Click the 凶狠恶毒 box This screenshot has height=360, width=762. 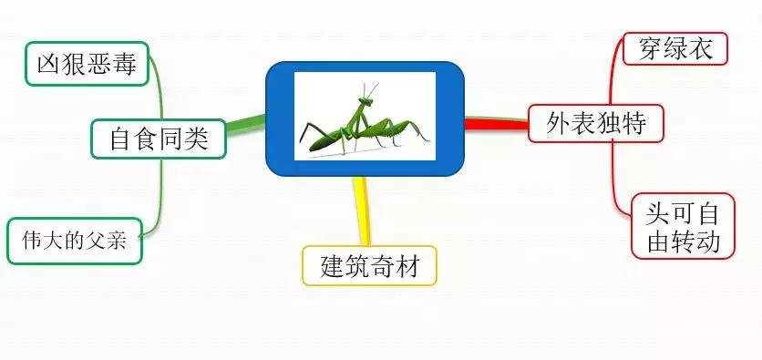point(87,64)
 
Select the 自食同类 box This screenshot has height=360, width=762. point(159,139)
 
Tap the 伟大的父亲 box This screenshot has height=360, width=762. point(75,242)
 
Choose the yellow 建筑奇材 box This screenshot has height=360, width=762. point(370,266)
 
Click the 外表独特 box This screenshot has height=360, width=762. point(596,123)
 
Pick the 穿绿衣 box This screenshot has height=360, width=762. point(675,48)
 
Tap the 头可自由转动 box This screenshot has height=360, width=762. point(683,227)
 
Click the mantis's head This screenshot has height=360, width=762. point(365,101)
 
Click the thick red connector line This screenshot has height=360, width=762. point(497,123)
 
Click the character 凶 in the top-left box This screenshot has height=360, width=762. point(48,64)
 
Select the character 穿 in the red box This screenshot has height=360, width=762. point(650,48)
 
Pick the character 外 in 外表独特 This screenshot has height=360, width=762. point(559,123)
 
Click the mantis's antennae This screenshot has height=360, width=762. point(372,87)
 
